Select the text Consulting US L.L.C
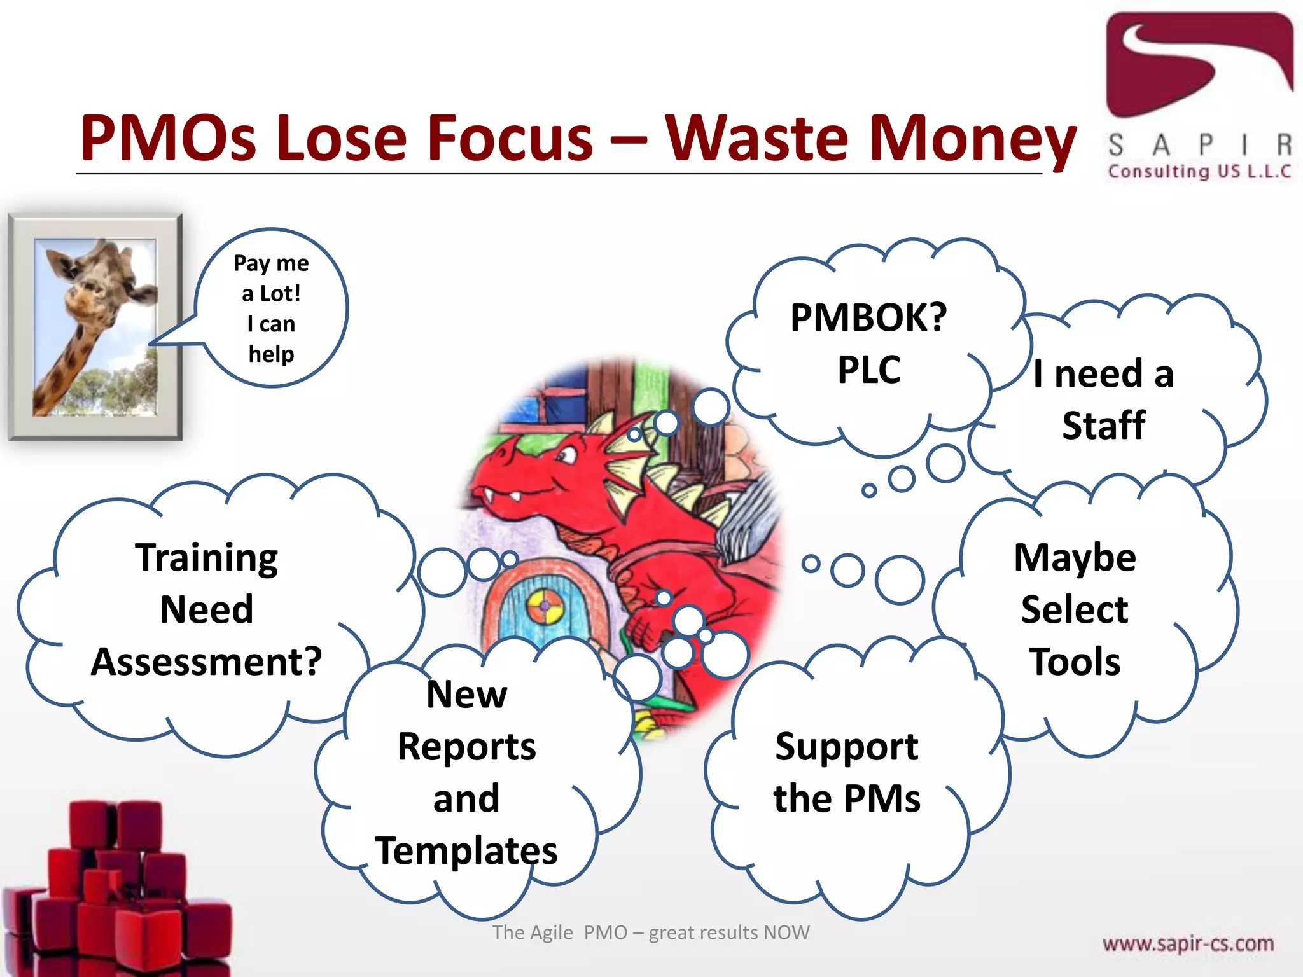[1199, 172]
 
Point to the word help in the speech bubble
[272, 354]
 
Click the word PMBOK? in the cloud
[868, 317]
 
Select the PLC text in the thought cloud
[869, 370]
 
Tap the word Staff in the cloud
[1104, 425]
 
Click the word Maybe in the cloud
[1075, 558]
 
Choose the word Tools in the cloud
[1075, 662]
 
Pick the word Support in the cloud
[846, 747]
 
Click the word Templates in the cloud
[466, 850]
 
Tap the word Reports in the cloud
[466, 746]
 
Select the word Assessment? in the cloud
[207, 662]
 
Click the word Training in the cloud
[207, 558]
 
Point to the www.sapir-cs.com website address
[1188, 943]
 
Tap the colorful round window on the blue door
[545, 606]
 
